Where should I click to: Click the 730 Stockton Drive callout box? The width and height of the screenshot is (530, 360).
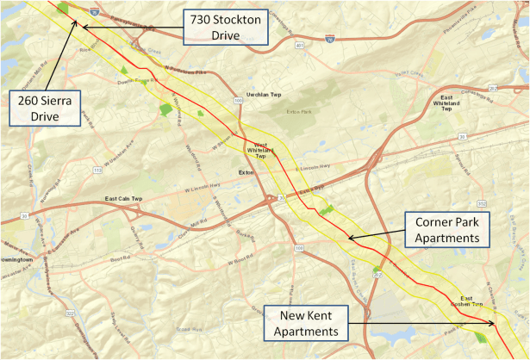225,27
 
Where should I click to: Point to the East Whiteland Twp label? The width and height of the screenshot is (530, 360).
446,105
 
